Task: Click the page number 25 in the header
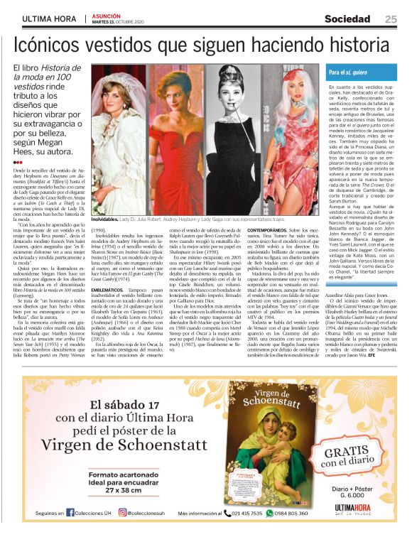391,18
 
